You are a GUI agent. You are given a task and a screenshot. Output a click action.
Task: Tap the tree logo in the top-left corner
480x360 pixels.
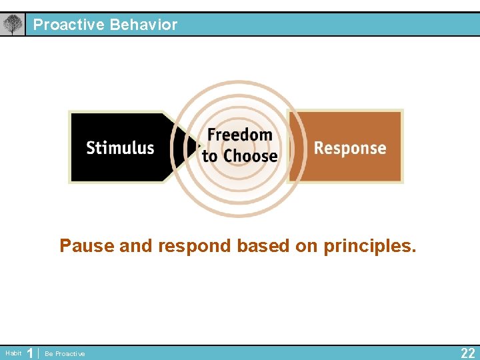tap(12, 25)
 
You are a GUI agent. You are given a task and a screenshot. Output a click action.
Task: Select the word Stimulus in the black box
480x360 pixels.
tap(120, 148)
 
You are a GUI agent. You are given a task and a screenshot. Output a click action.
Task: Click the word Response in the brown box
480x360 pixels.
tap(350, 148)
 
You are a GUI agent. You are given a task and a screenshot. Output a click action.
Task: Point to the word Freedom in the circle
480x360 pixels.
tap(239, 135)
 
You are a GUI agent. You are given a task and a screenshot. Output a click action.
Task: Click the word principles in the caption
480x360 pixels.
tap(370, 246)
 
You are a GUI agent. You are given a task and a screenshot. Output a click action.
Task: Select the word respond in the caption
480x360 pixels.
tap(195, 246)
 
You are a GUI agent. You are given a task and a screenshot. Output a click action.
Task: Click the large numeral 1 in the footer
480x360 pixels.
tap(29, 353)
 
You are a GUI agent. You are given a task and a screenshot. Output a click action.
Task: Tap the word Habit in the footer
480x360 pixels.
tap(13, 353)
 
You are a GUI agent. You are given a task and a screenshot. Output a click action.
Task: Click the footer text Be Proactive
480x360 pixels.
tap(65, 354)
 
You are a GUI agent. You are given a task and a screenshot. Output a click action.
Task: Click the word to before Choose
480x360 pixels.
tap(210, 157)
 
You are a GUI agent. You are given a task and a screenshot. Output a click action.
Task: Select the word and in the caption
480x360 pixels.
tap(137, 246)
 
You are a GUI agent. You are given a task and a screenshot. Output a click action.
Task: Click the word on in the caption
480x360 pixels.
tap(307, 246)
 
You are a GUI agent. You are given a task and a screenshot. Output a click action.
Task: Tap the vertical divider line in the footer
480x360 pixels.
tap(39, 353)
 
